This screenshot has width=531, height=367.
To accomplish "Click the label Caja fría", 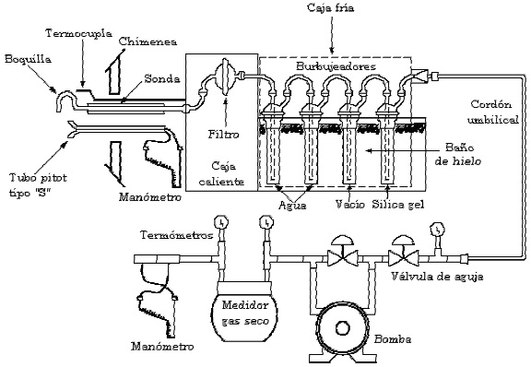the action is coord(330,7).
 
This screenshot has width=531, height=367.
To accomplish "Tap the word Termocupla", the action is coord(79,33).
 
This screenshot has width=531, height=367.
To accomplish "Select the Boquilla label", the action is coord(28,59).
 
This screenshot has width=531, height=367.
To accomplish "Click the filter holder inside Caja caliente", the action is coord(225,77).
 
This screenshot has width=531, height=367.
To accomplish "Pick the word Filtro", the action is coord(223,135).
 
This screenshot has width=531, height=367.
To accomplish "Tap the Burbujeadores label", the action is coord(336,66).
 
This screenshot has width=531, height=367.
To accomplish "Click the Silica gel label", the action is coord(398,205).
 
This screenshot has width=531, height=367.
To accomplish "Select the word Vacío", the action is coord(350,205).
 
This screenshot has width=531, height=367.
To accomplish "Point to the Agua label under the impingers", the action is coord(292,206).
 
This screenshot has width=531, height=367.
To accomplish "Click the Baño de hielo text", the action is coord(458,154).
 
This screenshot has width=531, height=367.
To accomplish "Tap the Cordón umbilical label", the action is coord(492,112).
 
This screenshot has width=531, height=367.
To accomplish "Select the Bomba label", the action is coord(393,338).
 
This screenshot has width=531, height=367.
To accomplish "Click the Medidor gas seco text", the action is coord(245,314).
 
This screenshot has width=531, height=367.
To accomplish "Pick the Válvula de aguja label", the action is coord(437,277).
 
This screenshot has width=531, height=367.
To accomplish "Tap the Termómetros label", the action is coord(176,235).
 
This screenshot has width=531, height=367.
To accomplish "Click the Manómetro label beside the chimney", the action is coord(150,197).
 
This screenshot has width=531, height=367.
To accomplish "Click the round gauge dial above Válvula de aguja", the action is coord(437,230).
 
